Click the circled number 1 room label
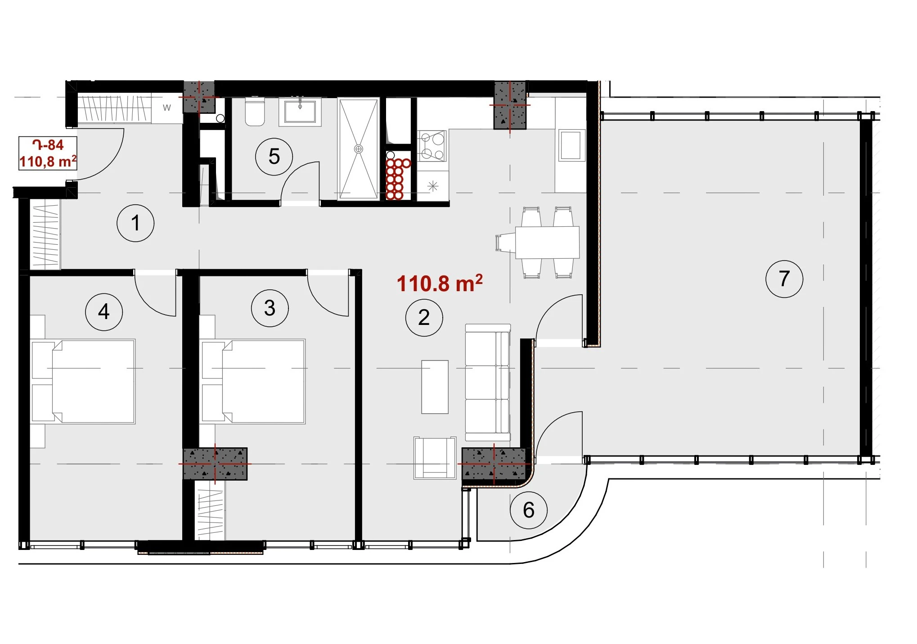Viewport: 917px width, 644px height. pos(135,223)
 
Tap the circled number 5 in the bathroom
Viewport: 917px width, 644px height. pos(274,157)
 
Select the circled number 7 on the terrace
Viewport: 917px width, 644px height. pos(784,279)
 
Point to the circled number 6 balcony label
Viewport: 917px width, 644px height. pos(529,510)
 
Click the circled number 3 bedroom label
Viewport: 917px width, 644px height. pos(270,308)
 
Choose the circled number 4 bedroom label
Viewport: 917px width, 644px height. pos(104,312)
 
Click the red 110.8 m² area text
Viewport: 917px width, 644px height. pos(440,284)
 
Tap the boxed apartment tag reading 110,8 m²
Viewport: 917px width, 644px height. pos(48,153)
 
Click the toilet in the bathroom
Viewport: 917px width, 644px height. pos(255,113)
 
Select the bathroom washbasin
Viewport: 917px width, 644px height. pos(300,112)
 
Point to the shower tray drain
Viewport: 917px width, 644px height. pos(359,149)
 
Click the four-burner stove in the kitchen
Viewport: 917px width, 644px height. pos(432,146)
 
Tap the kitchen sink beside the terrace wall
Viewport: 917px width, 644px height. pos(571,145)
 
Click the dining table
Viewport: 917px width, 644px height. pos(547,242)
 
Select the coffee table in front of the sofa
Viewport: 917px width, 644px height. pos(435,387)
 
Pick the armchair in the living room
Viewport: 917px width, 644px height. pos(435,457)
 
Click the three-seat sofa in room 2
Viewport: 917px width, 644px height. pos(488,383)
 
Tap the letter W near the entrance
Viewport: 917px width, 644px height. pos(167,108)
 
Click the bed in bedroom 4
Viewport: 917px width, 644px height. pos(83,382)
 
